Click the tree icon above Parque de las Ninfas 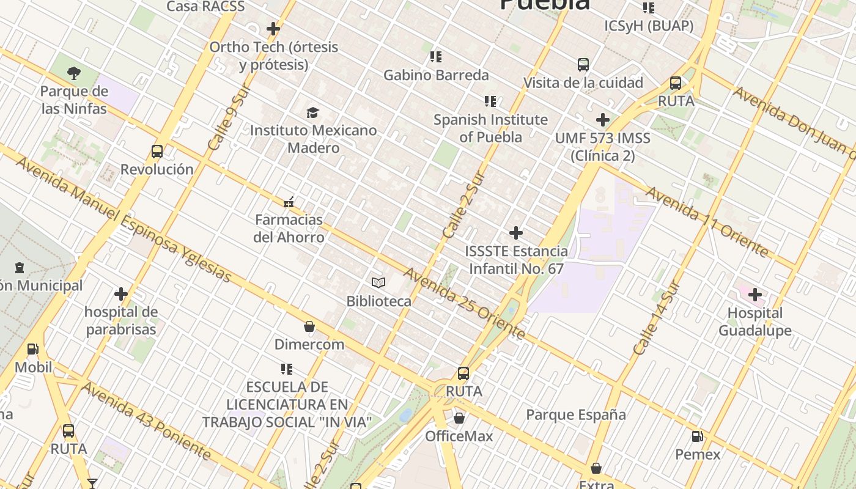(74, 73)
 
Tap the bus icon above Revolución (157, 151)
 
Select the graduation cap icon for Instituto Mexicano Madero (313, 112)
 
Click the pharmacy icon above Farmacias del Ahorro (289, 201)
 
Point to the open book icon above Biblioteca (378, 282)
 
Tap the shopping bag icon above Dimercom (309, 326)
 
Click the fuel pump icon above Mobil (32, 349)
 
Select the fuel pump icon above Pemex (697, 436)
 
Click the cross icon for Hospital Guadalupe (755, 295)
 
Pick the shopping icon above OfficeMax (459, 418)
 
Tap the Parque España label (576, 415)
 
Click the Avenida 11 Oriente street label (706, 222)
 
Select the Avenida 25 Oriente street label (465, 303)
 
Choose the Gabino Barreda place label (436, 75)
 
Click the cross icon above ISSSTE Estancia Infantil (516, 233)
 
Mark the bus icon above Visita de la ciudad (583, 64)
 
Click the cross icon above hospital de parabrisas (121, 294)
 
